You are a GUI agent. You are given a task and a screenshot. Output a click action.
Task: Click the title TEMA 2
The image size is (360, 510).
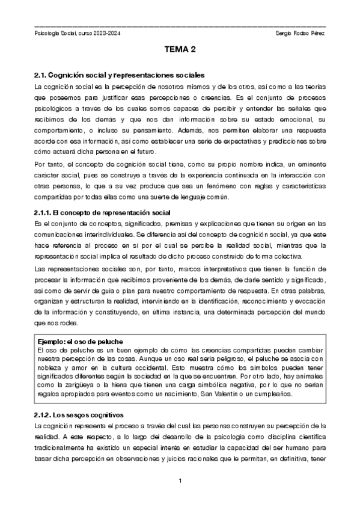(180, 52)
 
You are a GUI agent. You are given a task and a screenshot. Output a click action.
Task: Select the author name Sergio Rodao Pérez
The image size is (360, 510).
(299, 32)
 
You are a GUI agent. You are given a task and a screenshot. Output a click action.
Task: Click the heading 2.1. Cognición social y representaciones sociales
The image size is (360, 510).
(120, 76)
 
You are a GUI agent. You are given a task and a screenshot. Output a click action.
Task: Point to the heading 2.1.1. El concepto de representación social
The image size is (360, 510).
(103, 213)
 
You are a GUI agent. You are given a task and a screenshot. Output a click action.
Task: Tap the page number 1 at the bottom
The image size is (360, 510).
(180, 482)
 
